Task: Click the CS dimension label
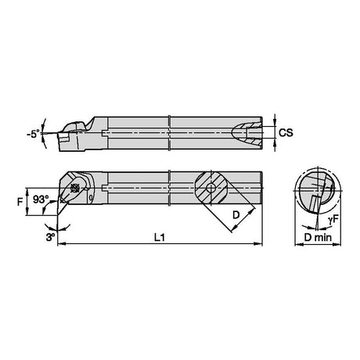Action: [286, 132]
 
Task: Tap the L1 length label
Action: [160, 237]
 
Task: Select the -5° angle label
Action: [34, 135]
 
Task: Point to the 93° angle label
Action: [41, 200]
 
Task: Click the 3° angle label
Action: [50, 237]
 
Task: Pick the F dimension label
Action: [20, 202]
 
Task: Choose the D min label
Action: [318, 237]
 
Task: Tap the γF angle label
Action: [333, 221]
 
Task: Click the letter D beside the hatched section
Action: [236, 215]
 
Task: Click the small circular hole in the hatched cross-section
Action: [211, 188]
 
